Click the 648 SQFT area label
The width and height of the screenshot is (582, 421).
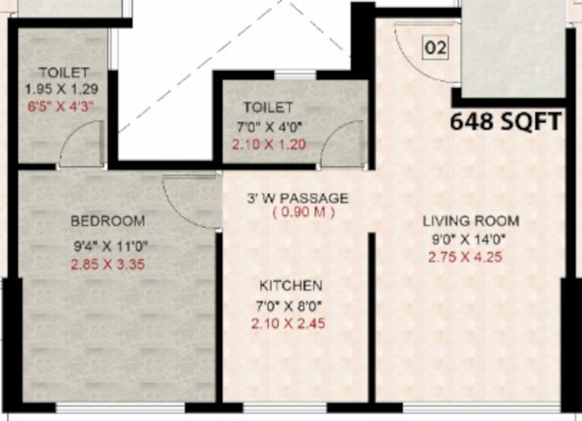[505, 122]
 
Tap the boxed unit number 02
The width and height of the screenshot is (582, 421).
[436, 48]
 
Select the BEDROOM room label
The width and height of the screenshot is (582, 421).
[108, 221]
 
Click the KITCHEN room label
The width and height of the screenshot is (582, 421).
[290, 286]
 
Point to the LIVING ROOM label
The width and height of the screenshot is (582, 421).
[470, 221]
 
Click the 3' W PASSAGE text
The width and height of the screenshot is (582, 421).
[296, 197]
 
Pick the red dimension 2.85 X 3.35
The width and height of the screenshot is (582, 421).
[107, 265]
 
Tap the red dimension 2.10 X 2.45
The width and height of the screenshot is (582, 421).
[288, 324]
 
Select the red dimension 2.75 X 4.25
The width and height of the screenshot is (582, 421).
[465, 257]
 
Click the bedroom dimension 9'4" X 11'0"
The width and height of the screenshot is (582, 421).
[111, 246]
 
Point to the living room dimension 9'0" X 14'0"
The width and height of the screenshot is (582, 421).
[468, 239]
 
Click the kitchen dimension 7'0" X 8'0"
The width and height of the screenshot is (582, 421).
[290, 305]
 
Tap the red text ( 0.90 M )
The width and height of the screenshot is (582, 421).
[303, 213]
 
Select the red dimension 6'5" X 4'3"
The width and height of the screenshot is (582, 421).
[61, 106]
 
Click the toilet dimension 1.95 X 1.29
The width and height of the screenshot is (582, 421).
[62, 88]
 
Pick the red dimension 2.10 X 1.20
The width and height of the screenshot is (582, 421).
[268, 145]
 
